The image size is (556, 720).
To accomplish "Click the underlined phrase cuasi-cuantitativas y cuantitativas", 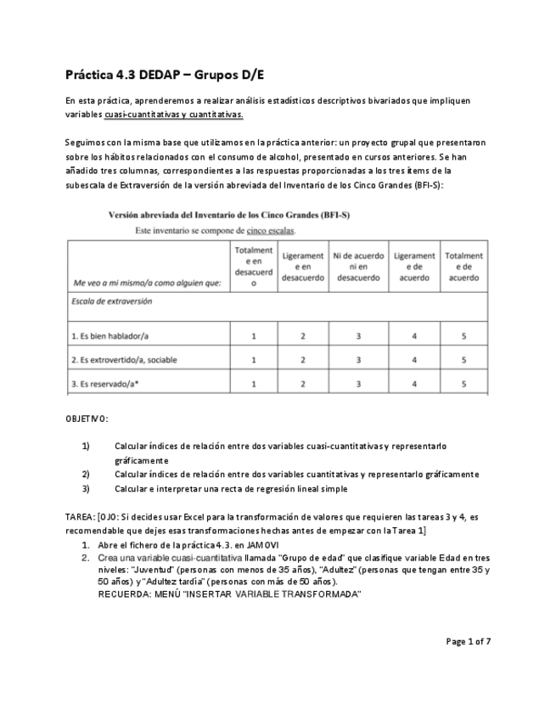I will [174, 114].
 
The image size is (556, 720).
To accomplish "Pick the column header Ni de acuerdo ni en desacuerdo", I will [358, 266].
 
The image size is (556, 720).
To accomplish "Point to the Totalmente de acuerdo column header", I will [463, 266].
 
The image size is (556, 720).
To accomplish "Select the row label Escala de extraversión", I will [113, 301].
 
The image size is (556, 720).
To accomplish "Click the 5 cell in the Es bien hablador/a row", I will [463, 336].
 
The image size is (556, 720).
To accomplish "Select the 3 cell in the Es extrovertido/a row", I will [358, 360].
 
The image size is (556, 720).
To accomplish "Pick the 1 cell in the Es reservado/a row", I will [253, 384].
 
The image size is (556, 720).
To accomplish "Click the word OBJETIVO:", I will [87, 419].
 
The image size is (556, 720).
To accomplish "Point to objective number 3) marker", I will [86, 488].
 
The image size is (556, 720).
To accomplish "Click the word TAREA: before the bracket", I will [81, 516].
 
